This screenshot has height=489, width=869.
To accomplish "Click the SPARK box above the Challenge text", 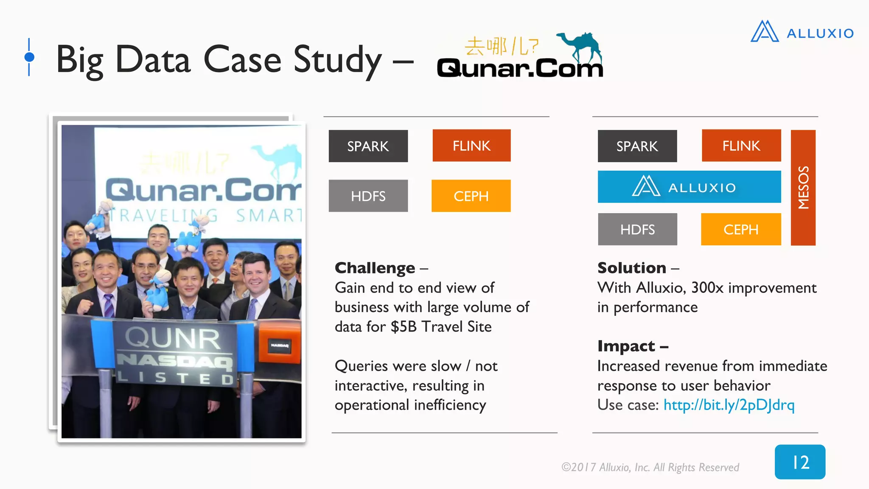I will tap(368, 146).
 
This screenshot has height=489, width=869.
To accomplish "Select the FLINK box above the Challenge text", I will tap(471, 146).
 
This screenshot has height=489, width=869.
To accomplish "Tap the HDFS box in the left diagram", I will tap(368, 196).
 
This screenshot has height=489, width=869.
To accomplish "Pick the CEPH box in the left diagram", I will tap(471, 196).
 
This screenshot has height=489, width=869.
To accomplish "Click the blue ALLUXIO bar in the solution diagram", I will tap(689, 187).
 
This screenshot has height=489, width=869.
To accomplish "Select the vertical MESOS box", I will tap(803, 188).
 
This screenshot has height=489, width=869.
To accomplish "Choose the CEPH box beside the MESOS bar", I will tap(740, 229).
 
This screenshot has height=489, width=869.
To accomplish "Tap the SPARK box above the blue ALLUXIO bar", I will tap(637, 146).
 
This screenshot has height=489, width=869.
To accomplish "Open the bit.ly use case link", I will tap(729, 405).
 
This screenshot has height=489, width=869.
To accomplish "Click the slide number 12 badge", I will tap(800, 462).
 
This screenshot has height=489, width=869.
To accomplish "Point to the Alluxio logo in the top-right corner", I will tap(802, 32).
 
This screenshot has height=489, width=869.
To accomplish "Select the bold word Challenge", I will tap(375, 268).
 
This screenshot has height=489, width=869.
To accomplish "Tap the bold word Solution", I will tap(631, 268).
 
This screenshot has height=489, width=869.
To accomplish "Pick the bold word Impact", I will tap(626, 346).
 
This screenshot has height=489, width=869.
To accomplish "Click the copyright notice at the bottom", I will tap(650, 467).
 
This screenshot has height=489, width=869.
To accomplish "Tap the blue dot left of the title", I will tap(29, 57).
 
